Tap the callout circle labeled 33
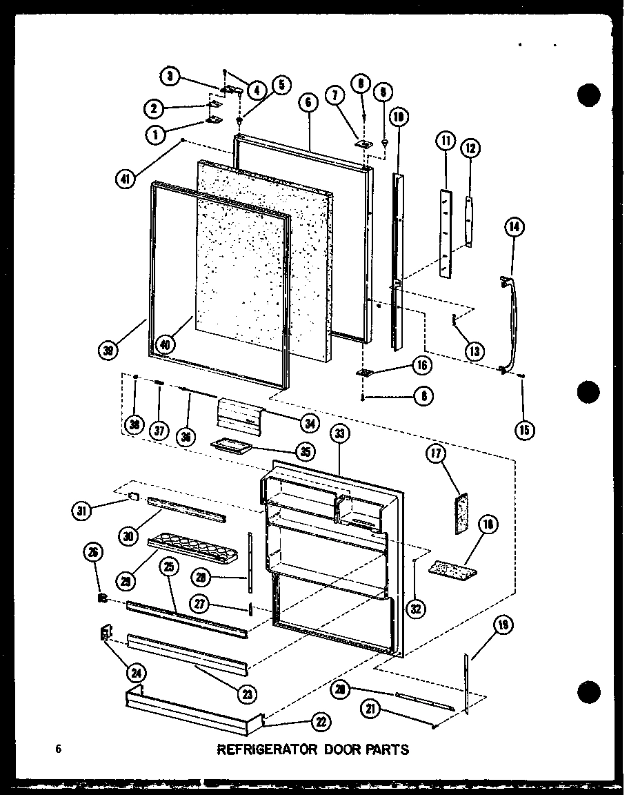pos(339,433)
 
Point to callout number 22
pos(320,722)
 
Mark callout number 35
pos(305,452)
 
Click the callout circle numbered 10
pos(399,117)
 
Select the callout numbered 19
pos(503,627)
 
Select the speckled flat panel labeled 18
pos(452,568)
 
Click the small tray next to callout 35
pos(228,446)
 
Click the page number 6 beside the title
pos(59,749)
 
